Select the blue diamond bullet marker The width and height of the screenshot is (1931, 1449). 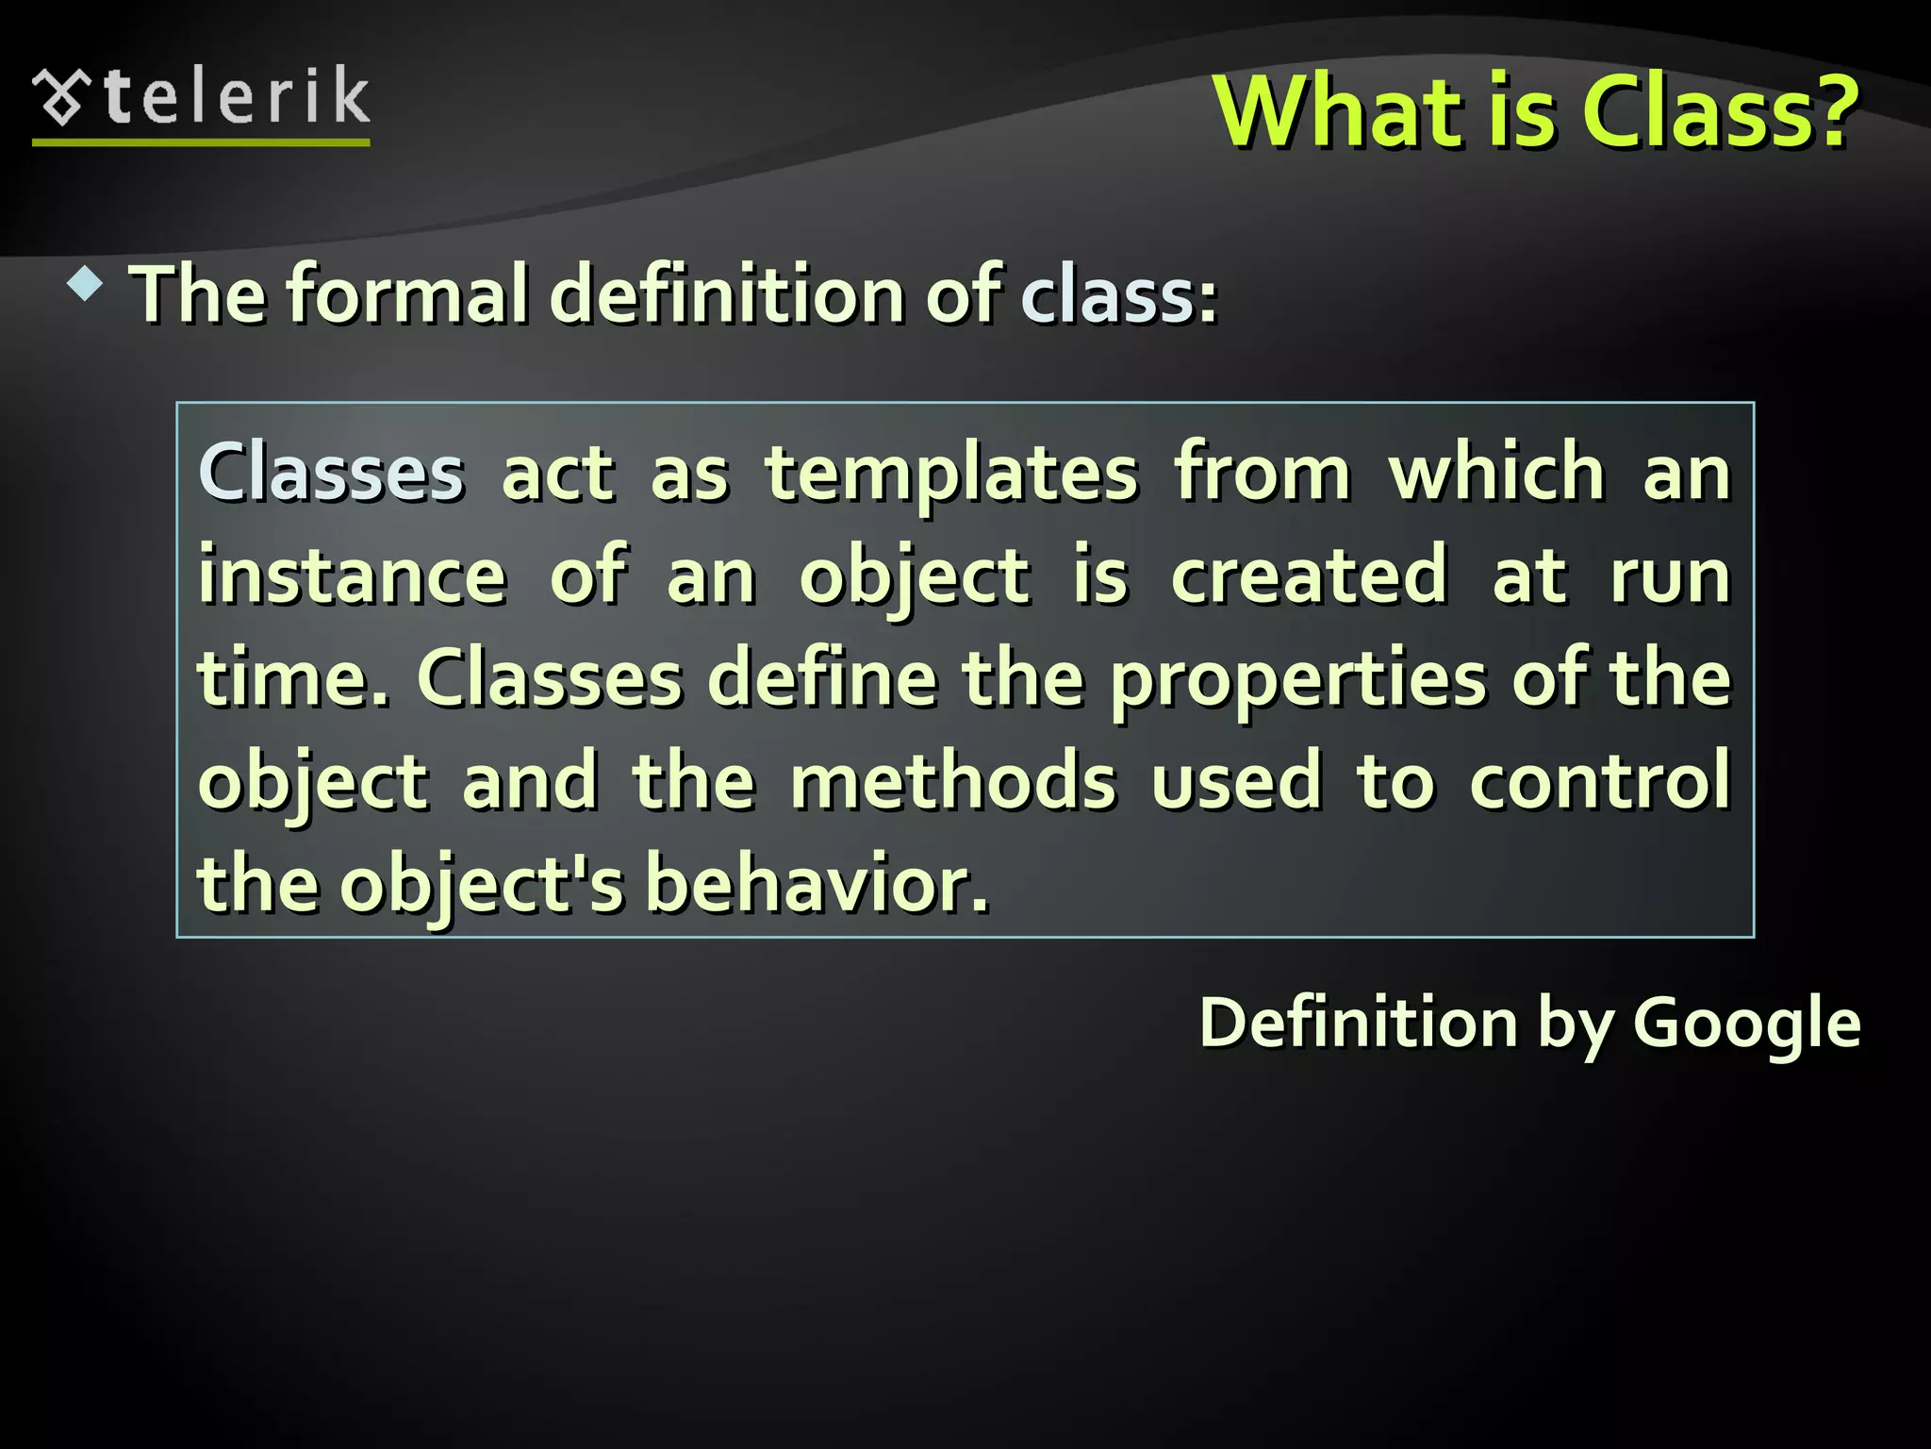click(x=86, y=284)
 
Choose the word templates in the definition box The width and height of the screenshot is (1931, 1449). click(x=951, y=473)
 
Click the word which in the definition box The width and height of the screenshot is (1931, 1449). click(x=1497, y=471)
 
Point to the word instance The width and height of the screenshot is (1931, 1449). click(x=353, y=575)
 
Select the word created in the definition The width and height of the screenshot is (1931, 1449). click(x=1309, y=575)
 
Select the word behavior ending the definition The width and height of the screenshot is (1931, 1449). click(x=817, y=884)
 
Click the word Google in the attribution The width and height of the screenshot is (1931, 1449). click(x=1746, y=1024)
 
